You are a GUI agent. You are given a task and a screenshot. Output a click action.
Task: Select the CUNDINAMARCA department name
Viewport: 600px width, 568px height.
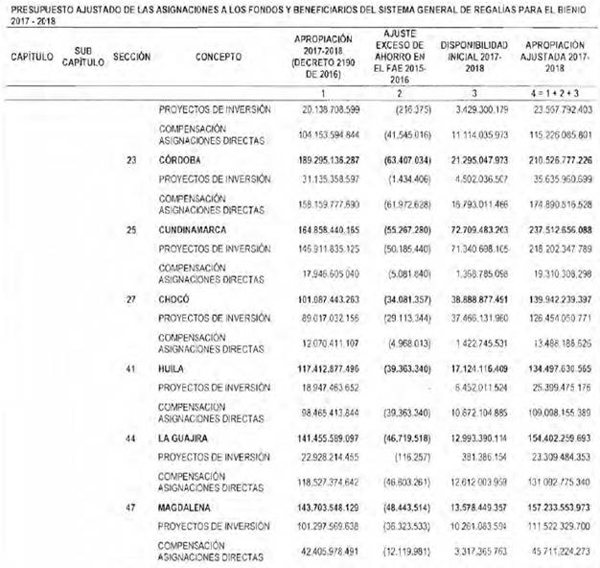pyautogui.click(x=195, y=229)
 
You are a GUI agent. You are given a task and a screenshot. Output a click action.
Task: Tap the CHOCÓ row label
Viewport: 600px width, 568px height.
pyautogui.click(x=173, y=298)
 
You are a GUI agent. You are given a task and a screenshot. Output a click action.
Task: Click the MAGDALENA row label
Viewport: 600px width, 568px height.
pyautogui.click(x=187, y=506)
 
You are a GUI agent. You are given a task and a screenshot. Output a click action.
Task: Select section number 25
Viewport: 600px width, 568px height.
pyautogui.click(x=130, y=229)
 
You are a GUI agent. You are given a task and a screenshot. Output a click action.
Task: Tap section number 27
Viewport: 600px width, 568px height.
pyautogui.click(x=130, y=298)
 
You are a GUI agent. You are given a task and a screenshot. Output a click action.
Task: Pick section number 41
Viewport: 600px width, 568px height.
pyautogui.click(x=130, y=367)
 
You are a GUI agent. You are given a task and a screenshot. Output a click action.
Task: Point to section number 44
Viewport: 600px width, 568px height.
pyautogui.click(x=130, y=437)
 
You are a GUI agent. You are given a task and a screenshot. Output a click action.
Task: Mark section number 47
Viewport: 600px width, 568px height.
pyautogui.click(x=130, y=506)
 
